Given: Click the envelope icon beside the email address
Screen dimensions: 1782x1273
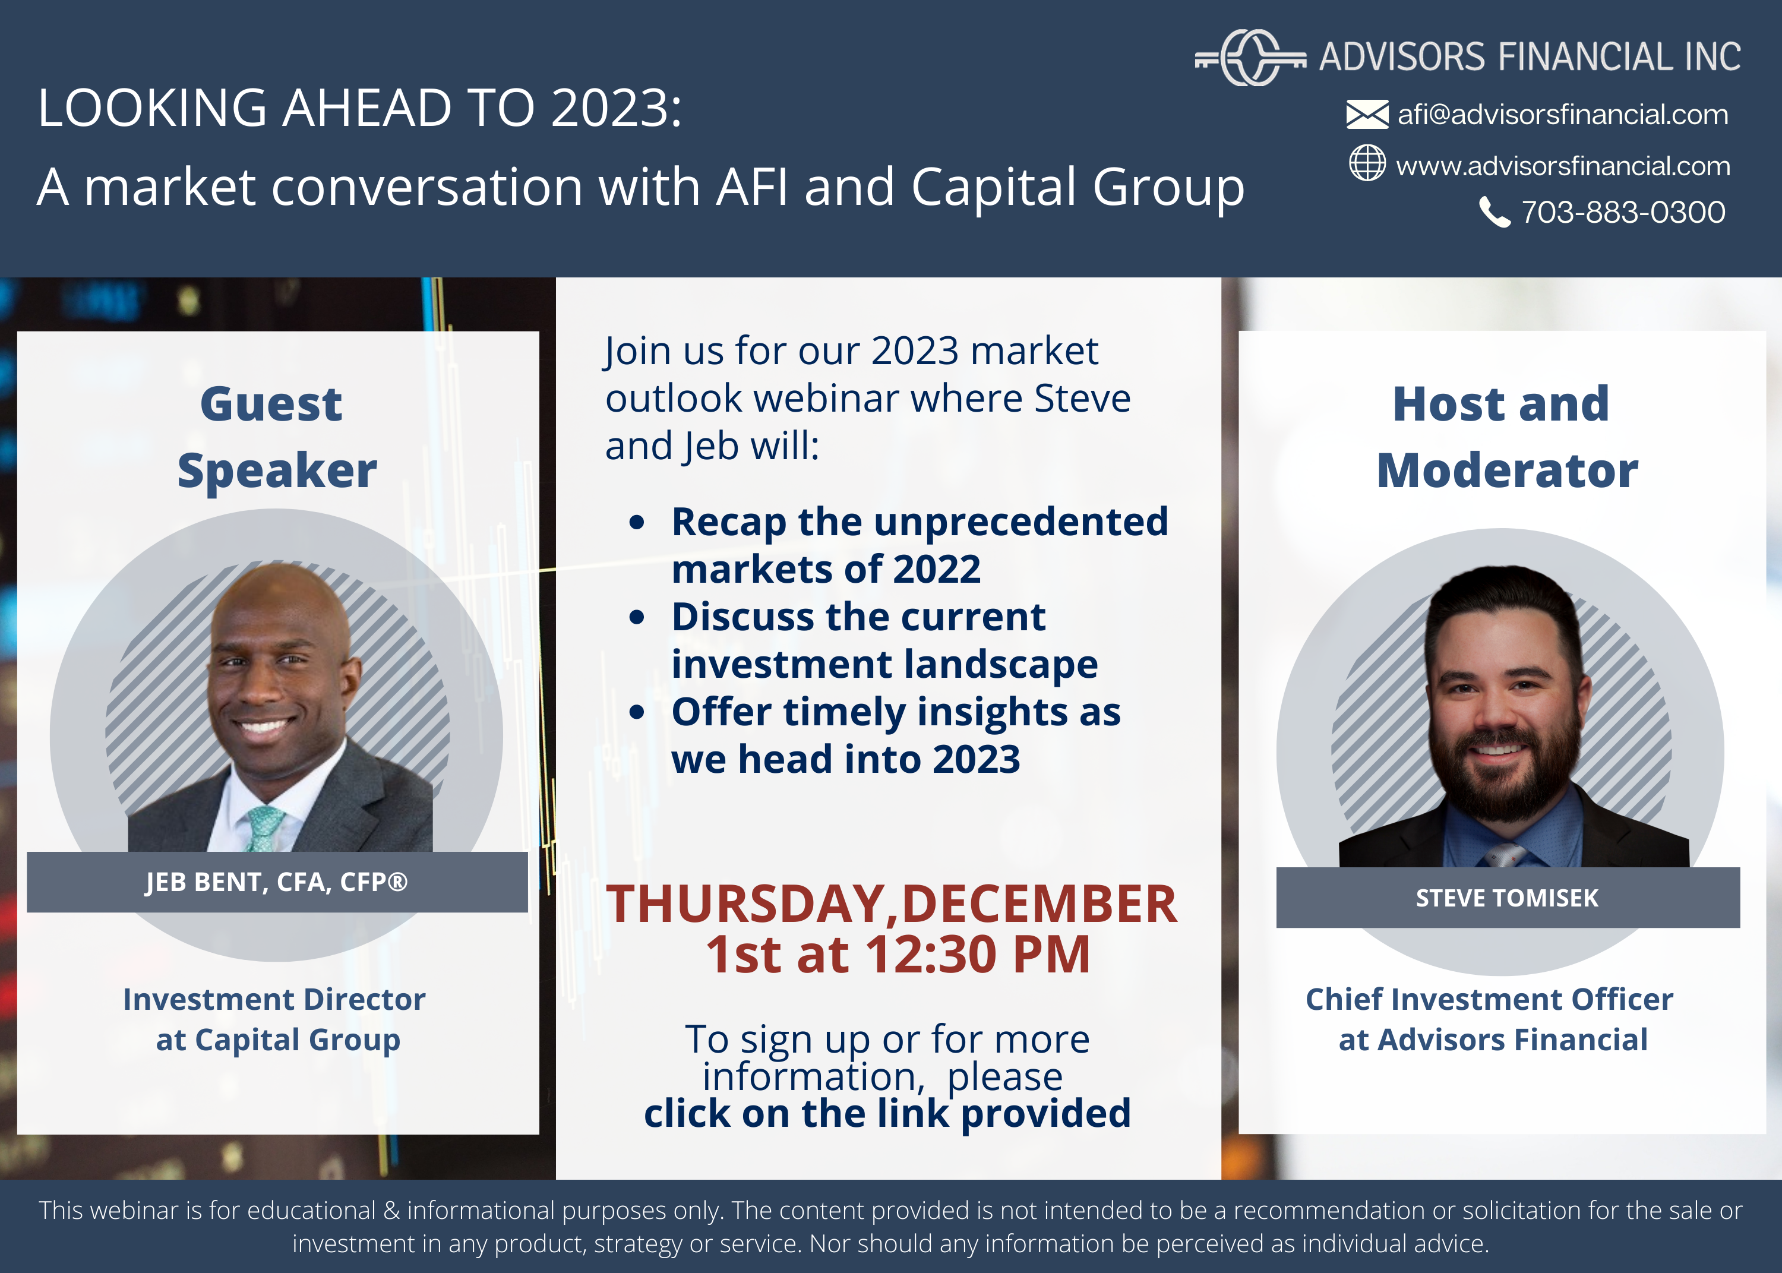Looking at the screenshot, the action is [1367, 115].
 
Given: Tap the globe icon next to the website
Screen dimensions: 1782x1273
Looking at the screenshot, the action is [1367, 163].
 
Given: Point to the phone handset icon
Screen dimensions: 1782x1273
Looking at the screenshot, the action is [1495, 211].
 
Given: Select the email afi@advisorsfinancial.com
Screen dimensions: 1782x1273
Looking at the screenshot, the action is [1563, 115].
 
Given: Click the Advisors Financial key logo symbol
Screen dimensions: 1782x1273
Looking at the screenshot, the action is [1250, 57].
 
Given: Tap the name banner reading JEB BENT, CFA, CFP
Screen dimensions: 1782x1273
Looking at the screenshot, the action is [277, 882].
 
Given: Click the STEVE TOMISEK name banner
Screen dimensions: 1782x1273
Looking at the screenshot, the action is [1508, 898].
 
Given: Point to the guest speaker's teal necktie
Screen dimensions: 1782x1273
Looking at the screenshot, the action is [265, 829].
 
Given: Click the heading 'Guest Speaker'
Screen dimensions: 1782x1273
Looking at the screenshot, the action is [277, 437].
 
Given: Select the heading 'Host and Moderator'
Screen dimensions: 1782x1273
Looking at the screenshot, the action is [1507, 437].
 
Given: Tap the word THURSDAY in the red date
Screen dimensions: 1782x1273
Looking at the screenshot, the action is [745, 904].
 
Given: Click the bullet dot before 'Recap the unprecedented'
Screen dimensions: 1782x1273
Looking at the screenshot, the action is [637, 522].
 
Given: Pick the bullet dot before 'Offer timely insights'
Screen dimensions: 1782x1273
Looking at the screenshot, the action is [637, 712].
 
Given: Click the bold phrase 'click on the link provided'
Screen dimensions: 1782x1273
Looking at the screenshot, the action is [887, 1114].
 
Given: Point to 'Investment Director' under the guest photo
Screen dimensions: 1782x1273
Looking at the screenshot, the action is [274, 999].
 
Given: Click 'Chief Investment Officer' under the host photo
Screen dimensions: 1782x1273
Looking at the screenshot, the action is [1489, 999].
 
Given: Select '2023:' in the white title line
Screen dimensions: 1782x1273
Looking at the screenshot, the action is [616, 108].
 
